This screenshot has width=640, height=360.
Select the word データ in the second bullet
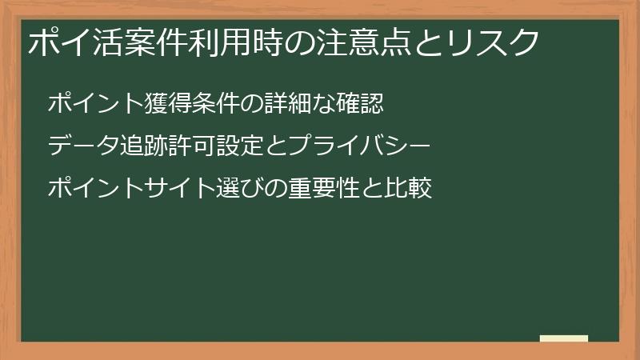click(84, 146)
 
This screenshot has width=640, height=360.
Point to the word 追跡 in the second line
click(145, 146)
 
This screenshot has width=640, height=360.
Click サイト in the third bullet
click(181, 190)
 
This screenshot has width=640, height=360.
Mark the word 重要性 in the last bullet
click(325, 190)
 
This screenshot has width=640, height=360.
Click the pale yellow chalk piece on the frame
click(564, 338)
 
